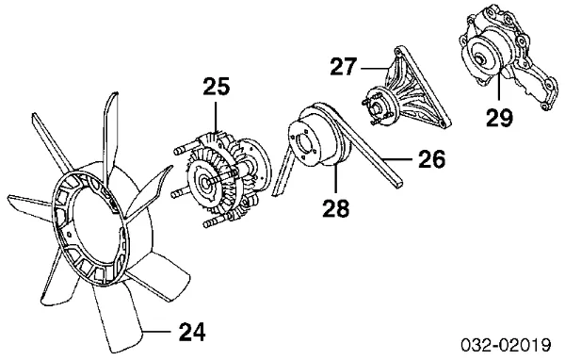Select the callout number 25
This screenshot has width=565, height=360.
point(217,87)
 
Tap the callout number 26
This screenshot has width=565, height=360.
point(431,158)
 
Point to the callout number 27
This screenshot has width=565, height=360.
point(344,66)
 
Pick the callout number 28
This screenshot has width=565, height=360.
point(336,207)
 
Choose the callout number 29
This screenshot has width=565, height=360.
point(499,117)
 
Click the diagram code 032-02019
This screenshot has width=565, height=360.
point(507,345)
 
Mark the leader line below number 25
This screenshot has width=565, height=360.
point(216,119)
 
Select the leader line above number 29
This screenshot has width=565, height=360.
point(499,87)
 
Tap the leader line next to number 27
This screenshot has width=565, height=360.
point(374,68)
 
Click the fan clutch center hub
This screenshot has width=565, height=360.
point(206,183)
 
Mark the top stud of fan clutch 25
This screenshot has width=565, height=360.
point(186,148)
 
